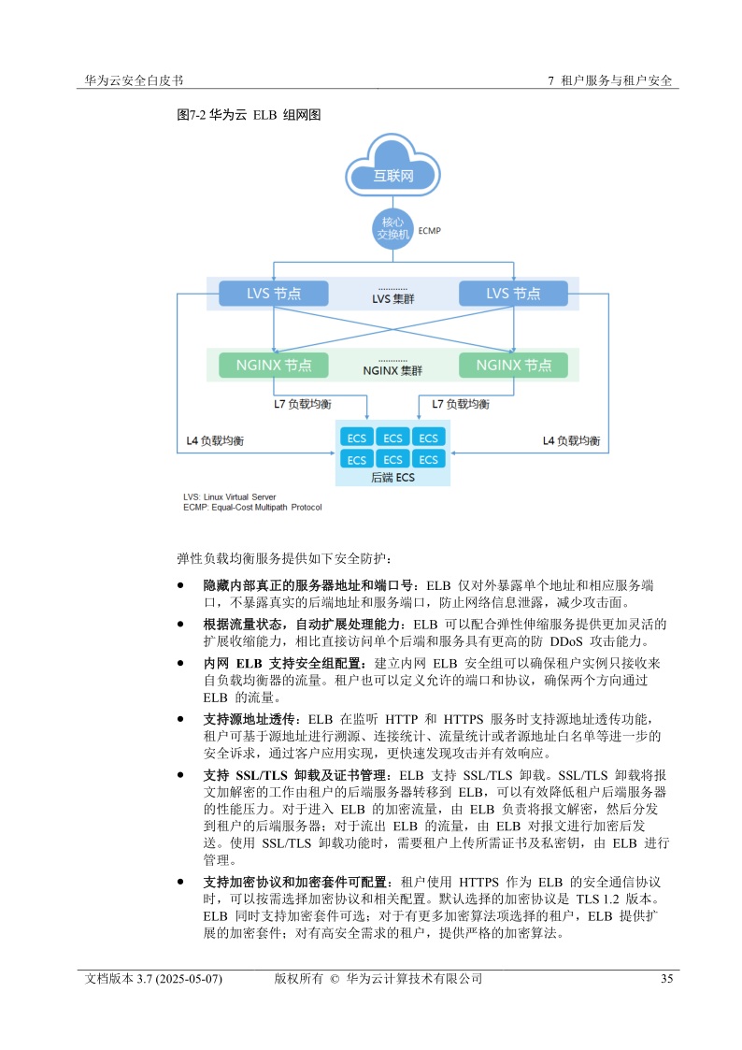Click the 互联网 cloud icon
click(392, 168)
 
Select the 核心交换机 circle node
click(392, 229)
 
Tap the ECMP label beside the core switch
click(430, 230)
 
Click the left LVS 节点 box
click(273, 294)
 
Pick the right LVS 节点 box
click(513, 294)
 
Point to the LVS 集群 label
click(392, 299)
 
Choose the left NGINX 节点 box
click(273, 366)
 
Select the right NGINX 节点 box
click(513, 366)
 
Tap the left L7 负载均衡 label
click(302, 405)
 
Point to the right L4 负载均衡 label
click(571, 440)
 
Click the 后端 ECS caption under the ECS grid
click(392, 478)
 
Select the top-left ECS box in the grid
click(357, 438)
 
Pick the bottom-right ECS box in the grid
click(428, 459)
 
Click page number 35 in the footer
click(666, 979)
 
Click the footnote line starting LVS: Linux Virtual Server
click(230, 496)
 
